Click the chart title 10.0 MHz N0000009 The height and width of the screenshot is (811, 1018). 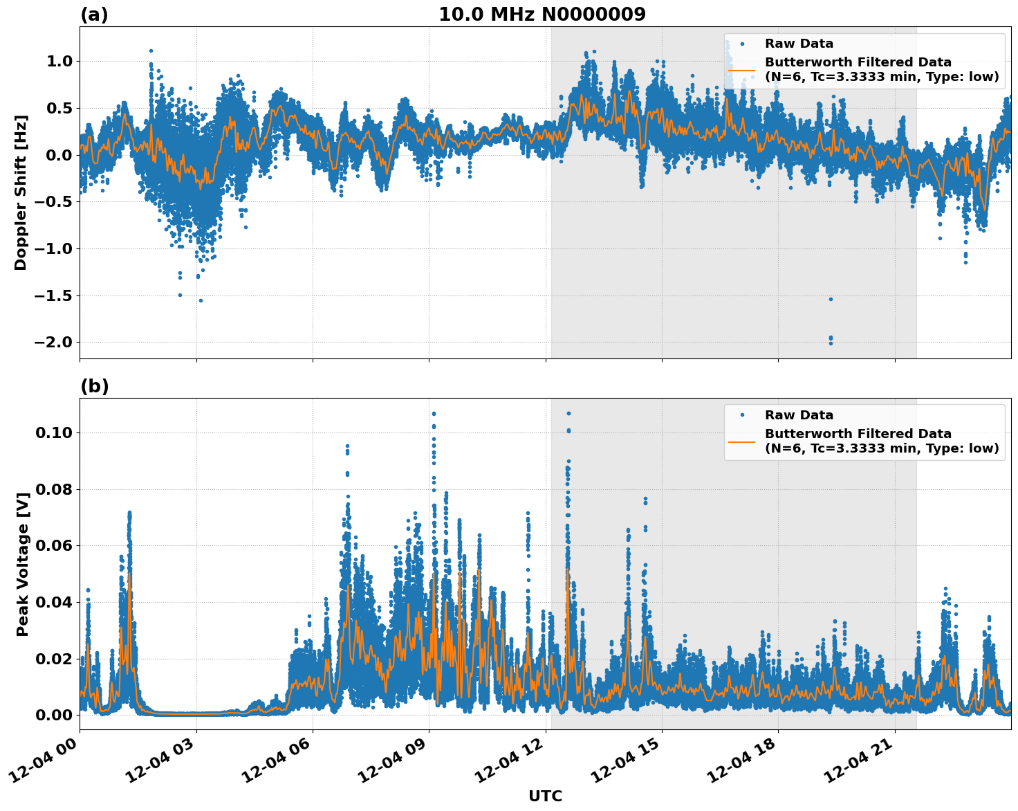(x=542, y=15)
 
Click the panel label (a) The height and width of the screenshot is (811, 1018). (x=94, y=15)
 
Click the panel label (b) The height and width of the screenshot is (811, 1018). (x=94, y=386)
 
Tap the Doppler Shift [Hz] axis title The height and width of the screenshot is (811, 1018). (x=21, y=192)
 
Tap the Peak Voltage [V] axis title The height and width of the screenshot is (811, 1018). (x=23, y=564)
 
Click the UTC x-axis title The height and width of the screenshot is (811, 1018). (x=545, y=796)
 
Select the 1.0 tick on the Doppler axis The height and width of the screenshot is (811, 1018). (x=59, y=61)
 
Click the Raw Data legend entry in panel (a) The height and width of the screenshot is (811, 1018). (x=799, y=44)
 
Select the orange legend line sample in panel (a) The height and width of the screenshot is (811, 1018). (x=741, y=70)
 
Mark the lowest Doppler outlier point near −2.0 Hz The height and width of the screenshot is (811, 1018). (x=831, y=343)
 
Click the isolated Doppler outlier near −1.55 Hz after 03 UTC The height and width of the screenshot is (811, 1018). (x=201, y=300)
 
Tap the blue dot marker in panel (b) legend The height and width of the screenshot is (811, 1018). (x=741, y=415)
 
